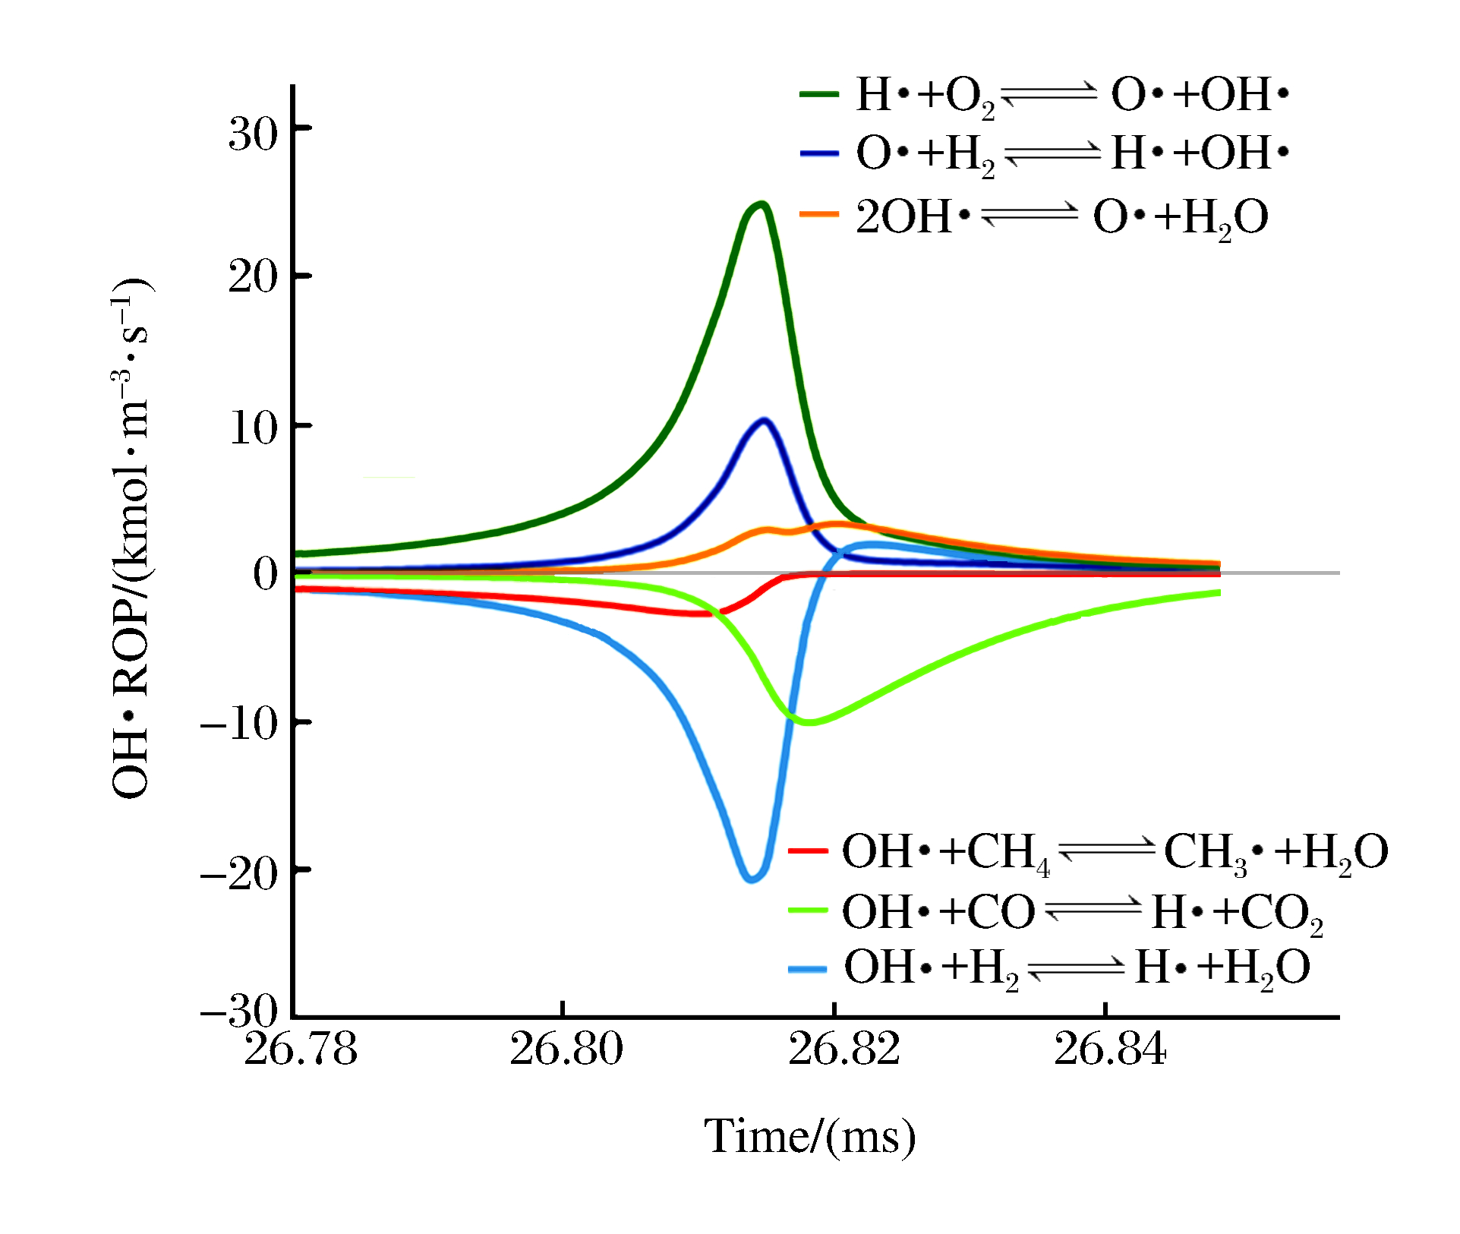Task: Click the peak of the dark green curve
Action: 760,204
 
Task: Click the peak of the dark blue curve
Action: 764,420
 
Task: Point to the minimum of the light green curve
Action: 809,722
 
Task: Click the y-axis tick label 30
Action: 254,134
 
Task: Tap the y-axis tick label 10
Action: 254,428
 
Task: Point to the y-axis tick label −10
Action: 239,723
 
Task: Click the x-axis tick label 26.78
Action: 301,1050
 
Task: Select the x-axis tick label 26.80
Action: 566,1050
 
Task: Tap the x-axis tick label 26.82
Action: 844,1050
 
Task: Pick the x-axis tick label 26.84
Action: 1109,1050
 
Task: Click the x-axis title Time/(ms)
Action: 810,1137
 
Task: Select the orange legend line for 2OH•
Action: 819,215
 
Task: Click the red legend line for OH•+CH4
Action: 807,851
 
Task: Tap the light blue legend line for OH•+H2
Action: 807,969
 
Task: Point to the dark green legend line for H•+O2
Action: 819,94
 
